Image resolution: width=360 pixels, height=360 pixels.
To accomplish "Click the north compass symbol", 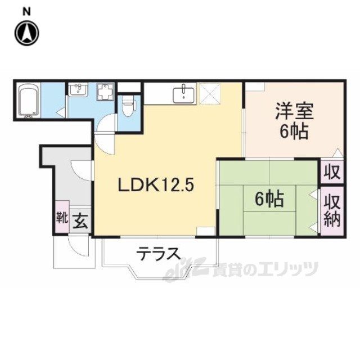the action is tap(27, 33).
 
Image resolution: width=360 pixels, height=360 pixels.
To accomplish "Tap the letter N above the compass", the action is tap(26, 12).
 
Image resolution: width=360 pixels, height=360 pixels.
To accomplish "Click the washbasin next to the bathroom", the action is tap(78, 89).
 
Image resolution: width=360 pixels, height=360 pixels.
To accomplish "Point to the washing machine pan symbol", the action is tap(105, 91).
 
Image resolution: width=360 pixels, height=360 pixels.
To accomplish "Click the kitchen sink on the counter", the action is tap(183, 95).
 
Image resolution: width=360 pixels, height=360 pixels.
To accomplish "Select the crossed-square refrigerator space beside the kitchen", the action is tap(210, 94).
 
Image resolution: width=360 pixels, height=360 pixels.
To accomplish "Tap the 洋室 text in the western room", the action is tap(294, 111).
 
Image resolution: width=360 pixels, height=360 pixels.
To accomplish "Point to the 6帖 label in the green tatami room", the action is tap(269, 199).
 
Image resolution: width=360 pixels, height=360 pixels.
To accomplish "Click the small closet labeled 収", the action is tap(332, 172).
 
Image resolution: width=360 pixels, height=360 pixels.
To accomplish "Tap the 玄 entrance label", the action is tap(80, 222).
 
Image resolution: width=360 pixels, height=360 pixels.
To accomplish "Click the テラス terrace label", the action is tap(158, 254).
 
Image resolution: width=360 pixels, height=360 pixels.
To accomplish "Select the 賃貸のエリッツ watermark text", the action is tap(265, 269).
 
